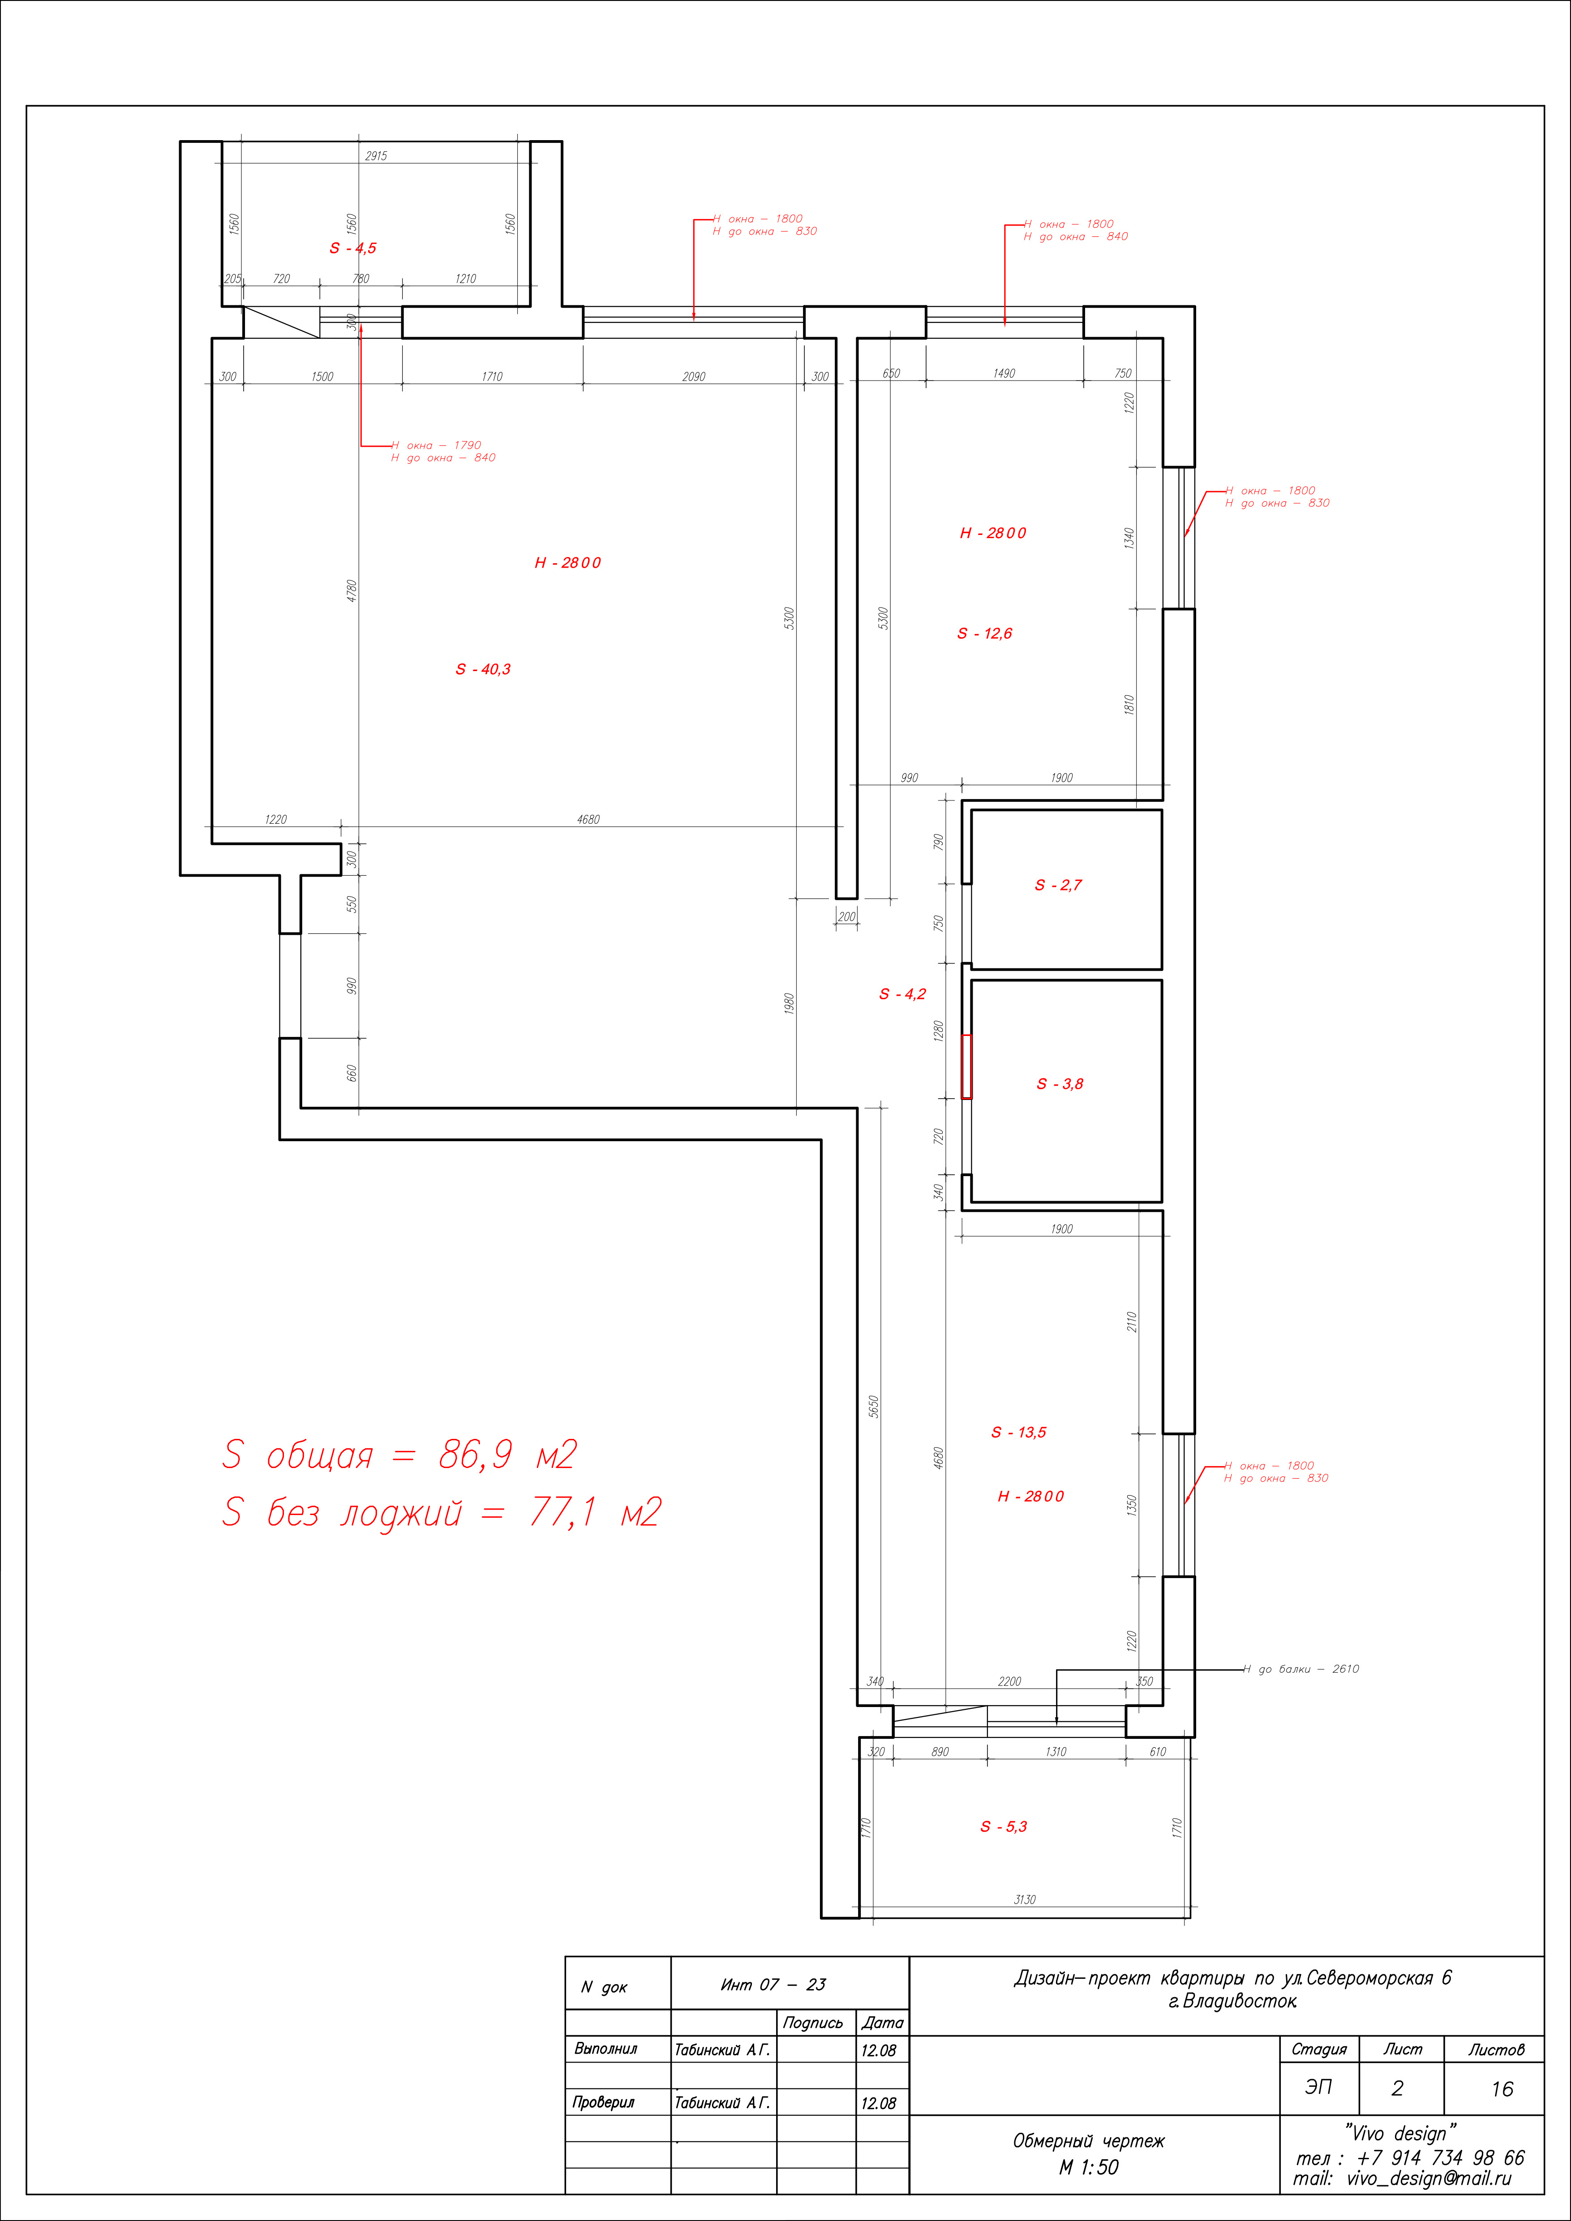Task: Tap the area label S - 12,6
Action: [x=985, y=633]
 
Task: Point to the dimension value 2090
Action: [x=694, y=377]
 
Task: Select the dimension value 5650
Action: [x=874, y=1406]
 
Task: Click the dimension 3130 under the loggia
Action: [x=1025, y=1899]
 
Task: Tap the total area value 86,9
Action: [x=475, y=1454]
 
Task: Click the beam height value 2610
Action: [x=1346, y=1669]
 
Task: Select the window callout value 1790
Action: [x=467, y=445]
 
